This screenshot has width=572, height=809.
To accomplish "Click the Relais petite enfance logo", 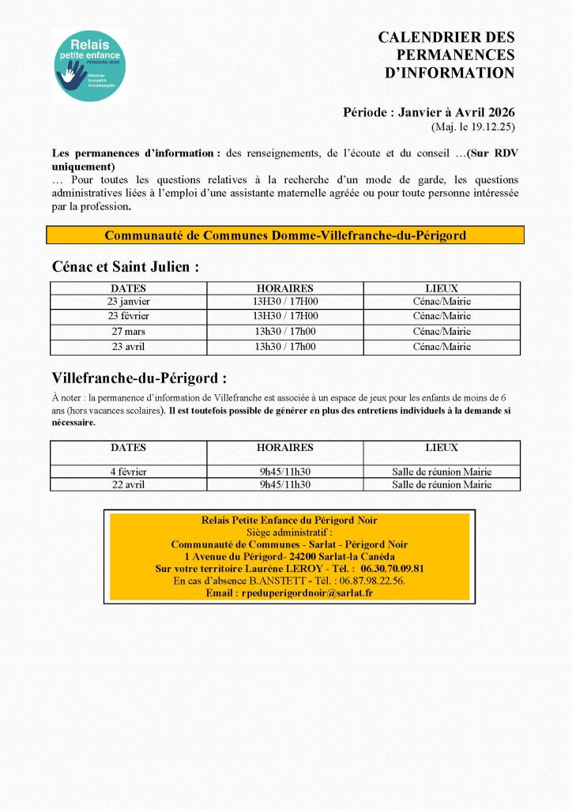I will [x=89, y=66].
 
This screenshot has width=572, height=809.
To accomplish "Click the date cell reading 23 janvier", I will [x=128, y=302].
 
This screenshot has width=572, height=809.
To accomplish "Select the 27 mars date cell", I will [x=128, y=332].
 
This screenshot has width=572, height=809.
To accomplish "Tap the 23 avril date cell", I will [x=128, y=347].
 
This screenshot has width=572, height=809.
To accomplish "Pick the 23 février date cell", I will [x=128, y=317].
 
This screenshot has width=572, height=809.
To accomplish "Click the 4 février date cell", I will [x=128, y=472].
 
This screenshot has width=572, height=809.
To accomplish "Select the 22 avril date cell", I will [x=128, y=485].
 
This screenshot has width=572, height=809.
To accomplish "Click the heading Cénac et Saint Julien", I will [x=125, y=267].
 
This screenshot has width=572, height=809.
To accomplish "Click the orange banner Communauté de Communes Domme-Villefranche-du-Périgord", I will [x=285, y=235].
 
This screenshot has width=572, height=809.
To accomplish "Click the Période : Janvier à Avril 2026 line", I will [x=428, y=113].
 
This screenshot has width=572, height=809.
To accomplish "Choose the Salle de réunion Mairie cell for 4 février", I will [x=442, y=472].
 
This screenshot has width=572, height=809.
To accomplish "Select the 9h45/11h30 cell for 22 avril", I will [x=285, y=485].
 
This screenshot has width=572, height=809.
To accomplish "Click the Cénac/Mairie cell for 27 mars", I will [x=442, y=332].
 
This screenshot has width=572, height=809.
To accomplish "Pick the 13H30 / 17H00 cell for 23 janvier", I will [x=285, y=302].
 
